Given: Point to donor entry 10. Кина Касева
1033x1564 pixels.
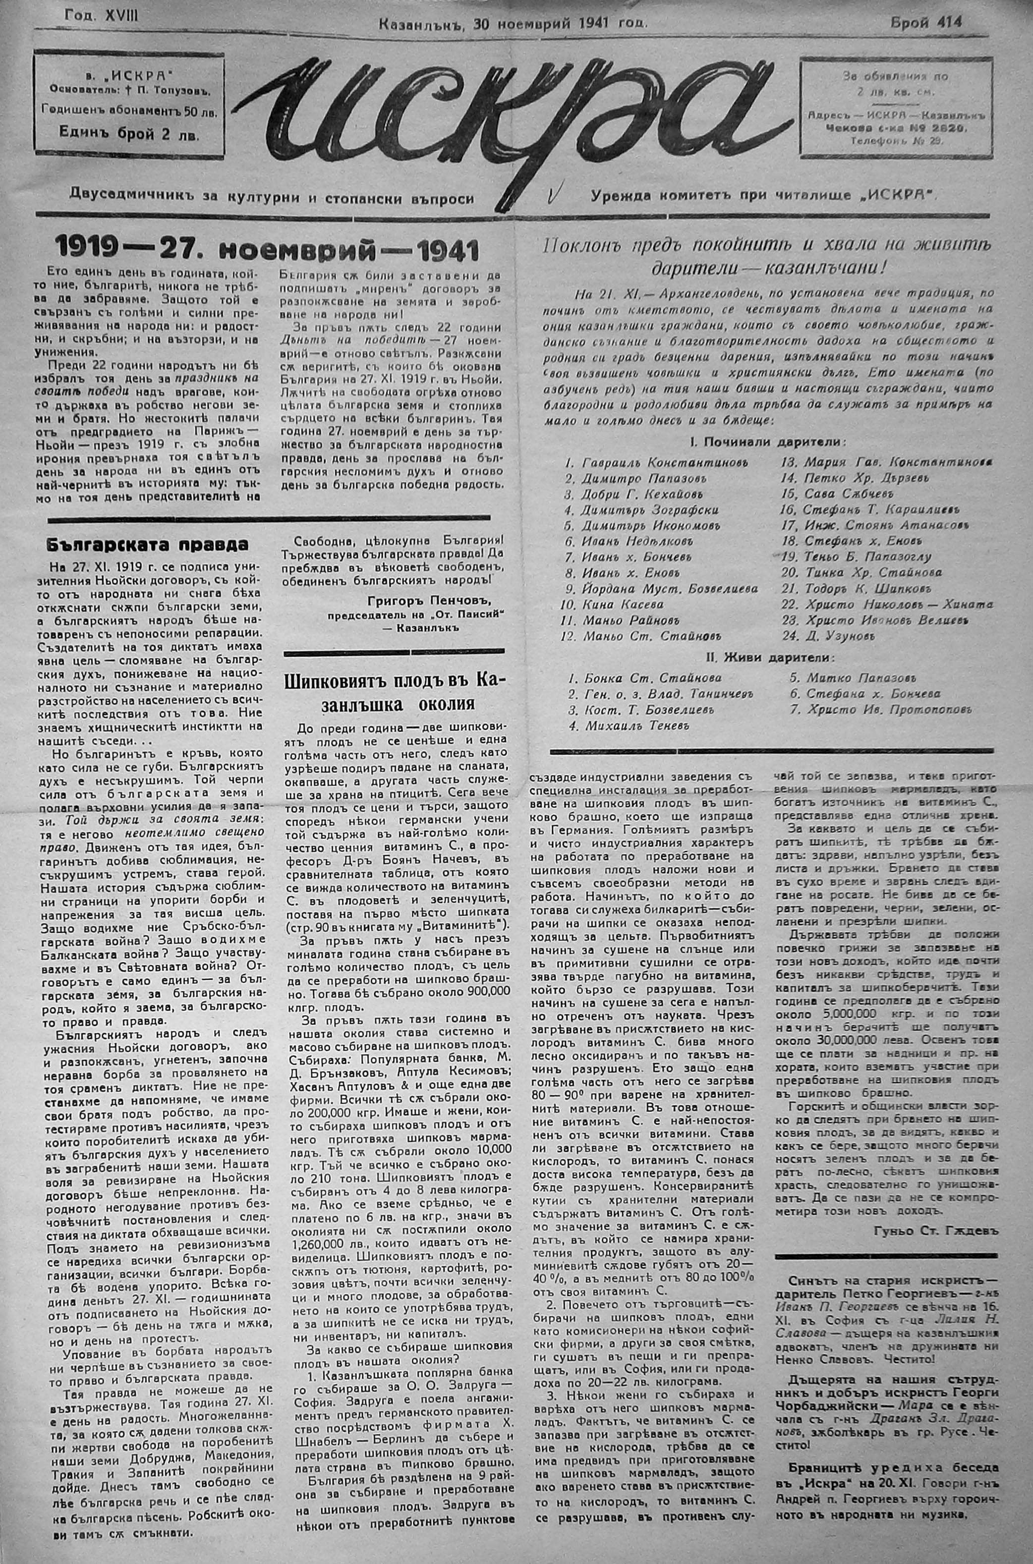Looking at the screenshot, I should click(612, 605).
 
